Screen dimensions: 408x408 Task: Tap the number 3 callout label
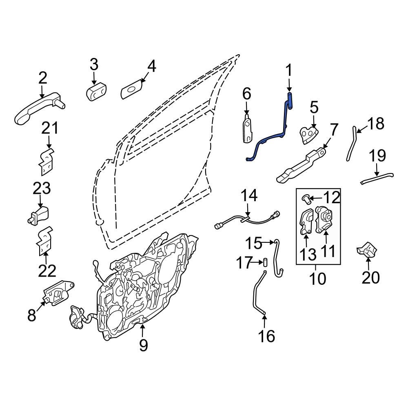(x=94, y=64)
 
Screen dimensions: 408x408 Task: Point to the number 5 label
(x=313, y=108)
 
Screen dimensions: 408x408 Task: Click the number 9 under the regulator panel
(x=143, y=345)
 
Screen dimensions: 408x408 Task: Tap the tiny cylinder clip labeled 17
(x=264, y=262)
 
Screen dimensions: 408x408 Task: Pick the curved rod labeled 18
(x=351, y=145)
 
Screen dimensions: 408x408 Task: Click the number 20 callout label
(x=370, y=278)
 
